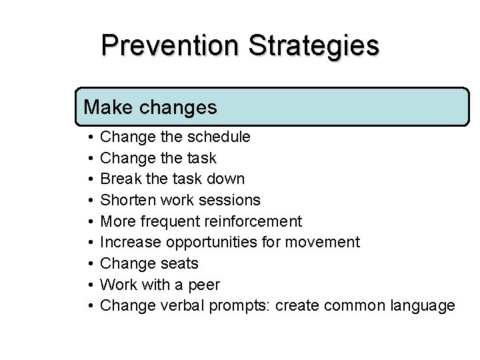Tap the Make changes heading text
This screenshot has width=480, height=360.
point(150,107)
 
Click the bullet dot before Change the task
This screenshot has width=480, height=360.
point(89,159)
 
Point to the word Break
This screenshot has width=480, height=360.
point(119,179)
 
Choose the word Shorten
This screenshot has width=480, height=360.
point(126,200)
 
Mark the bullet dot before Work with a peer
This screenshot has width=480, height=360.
point(89,285)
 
